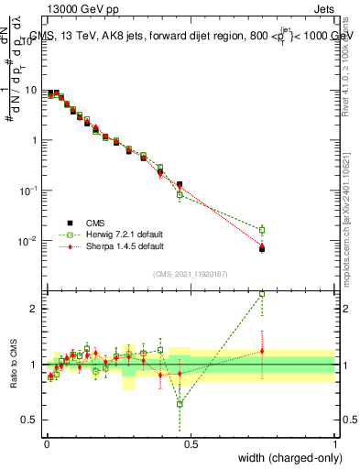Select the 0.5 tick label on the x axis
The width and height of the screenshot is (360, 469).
pyautogui.click(x=191, y=443)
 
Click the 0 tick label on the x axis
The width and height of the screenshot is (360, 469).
pyautogui.click(x=46, y=443)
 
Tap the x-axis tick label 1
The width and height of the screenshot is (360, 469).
pyautogui.click(x=335, y=443)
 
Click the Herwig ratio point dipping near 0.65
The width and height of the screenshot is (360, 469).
pyautogui.click(x=180, y=404)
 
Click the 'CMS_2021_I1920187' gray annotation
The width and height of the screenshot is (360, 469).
pyautogui.click(x=191, y=274)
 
